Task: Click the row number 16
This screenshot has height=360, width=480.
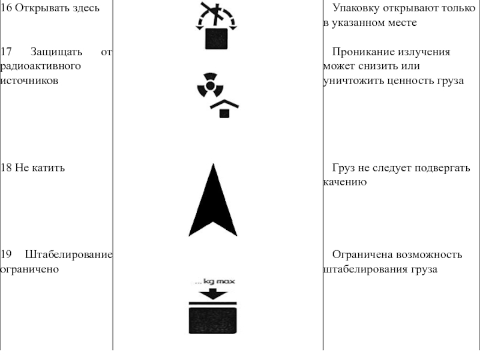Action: (x=5, y=8)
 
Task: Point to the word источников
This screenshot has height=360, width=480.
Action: (x=29, y=80)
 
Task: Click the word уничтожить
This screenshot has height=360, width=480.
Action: (x=353, y=80)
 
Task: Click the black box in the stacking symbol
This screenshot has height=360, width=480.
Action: (x=213, y=320)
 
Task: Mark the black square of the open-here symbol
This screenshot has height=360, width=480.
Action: (x=216, y=40)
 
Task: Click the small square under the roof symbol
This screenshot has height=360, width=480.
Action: (x=224, y=113)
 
